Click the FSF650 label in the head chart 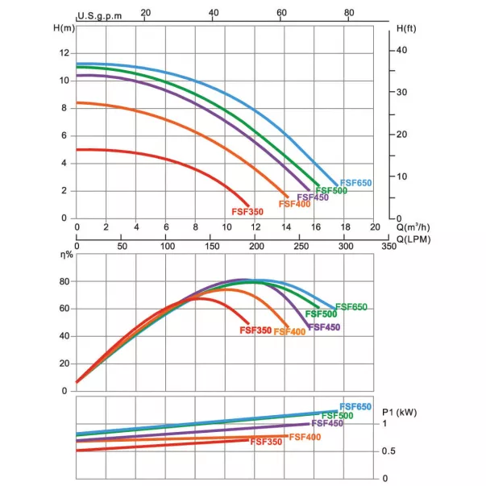click(x=355, y=183)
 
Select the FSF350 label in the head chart click(x=247, y=212)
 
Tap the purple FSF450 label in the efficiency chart click(x=324, y=327)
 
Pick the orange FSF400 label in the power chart click(x=305, y=437)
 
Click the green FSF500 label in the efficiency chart click(x=321, y=314)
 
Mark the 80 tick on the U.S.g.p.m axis click(x=349, y=12)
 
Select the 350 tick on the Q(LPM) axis click(x=389, y=245)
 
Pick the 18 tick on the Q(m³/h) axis click(x=345, y=227)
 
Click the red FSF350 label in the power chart click(x=266, y=442)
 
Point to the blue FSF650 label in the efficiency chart click(x=351, y=306)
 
